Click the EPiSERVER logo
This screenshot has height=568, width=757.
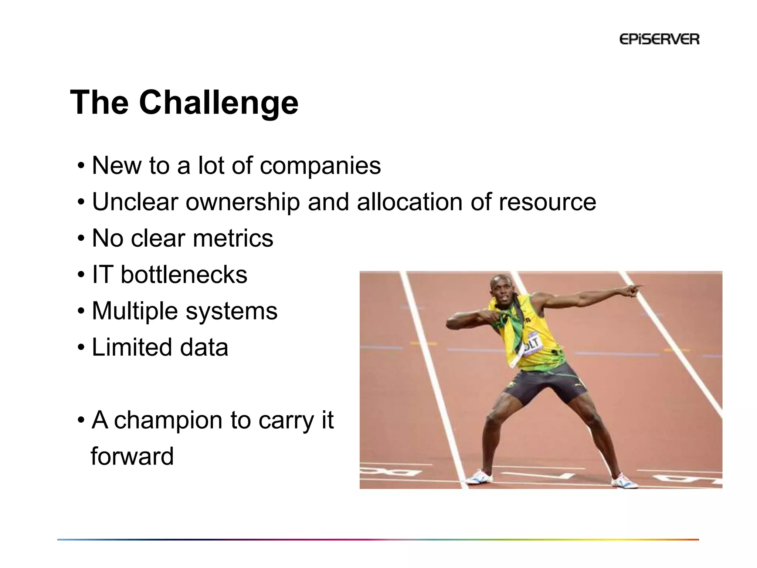(659, 39)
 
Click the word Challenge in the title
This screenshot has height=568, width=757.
(218, 103)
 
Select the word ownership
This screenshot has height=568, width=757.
(242, 202)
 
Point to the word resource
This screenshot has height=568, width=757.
(547, 202)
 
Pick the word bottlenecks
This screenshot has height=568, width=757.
(184, 275)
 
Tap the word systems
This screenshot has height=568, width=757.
(231, 311)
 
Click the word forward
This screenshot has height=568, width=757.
(132, 456)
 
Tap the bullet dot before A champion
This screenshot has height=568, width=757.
(81, 421)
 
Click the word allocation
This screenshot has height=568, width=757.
(410, 202)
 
